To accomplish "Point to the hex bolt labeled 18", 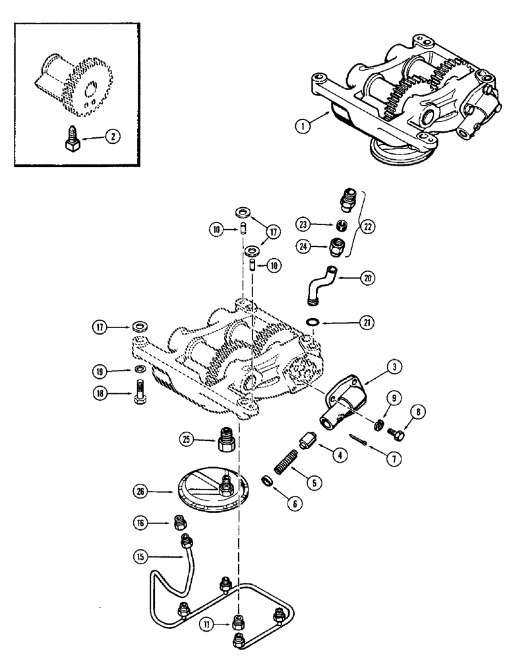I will [x=140, y=394].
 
